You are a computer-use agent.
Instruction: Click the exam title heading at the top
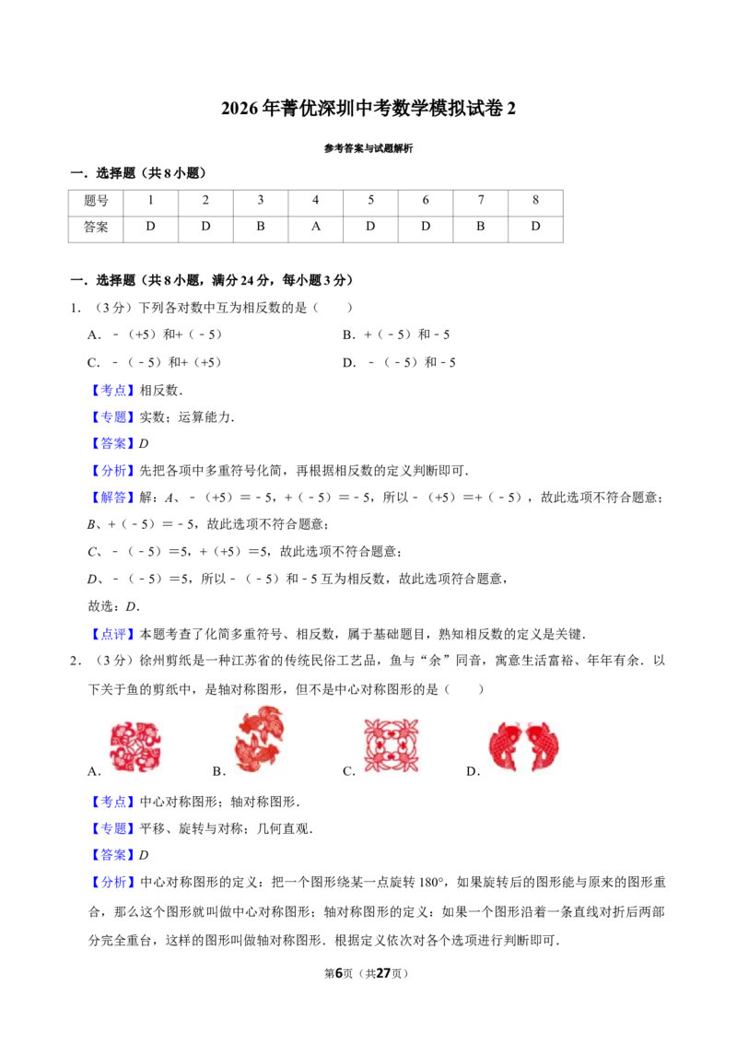point(368,108)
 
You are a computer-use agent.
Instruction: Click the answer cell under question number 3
point(261,228)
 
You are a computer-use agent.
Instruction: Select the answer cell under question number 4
point(316,228)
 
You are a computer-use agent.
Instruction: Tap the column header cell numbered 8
point(535,201)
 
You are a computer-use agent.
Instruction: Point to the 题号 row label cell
point(96,201)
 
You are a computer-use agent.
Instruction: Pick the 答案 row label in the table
point(96,228)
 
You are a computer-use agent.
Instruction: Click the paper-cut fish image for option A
point(135,746)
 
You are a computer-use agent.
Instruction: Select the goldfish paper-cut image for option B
point(259,739)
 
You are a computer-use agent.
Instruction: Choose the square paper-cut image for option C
point(392,745)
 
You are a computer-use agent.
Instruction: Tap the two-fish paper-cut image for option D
point(523,746)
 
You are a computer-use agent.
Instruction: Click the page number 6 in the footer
point(339,973)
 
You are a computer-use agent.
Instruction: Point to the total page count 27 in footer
point(383,973)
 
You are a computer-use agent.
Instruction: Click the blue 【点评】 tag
point(113,634)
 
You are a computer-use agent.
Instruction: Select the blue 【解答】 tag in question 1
point(113,498)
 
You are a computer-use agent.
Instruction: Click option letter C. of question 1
point(94,362)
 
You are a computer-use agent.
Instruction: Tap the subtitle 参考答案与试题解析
point(368,148)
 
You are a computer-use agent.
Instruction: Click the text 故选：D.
point(113,606)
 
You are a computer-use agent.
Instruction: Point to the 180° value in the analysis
point(431,883)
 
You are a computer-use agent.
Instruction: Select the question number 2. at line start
point(76,662)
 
